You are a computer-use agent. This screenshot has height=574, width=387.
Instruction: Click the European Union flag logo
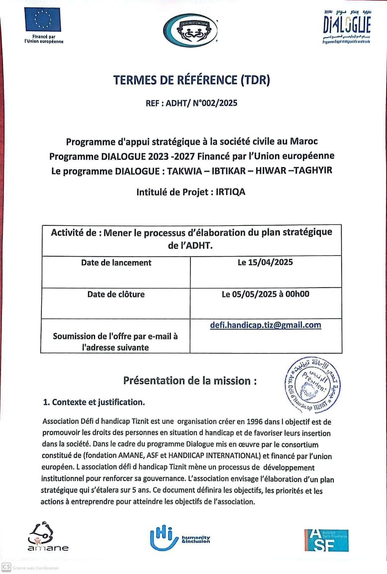[43, 20]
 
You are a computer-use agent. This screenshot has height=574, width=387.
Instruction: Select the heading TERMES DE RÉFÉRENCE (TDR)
[192, 80]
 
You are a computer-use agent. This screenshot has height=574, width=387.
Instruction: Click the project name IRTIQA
[230, 191]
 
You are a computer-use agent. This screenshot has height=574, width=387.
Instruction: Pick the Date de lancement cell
[116, 263]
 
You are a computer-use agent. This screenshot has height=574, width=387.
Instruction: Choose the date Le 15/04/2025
[265, 263]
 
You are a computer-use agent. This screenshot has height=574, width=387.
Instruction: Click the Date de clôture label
[116, 294]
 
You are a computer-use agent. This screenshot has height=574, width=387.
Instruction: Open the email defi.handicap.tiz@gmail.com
[265, 325]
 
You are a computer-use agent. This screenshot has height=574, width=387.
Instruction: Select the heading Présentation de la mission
[190, 381]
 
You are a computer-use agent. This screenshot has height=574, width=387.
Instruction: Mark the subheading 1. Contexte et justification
[94, 402]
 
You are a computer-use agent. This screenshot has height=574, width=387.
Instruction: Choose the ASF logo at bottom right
[326, 540]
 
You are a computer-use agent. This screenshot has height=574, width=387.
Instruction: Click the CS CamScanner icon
[6, 567]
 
